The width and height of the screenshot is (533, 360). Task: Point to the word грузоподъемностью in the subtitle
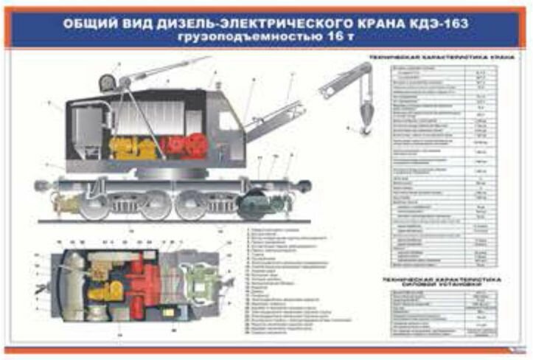(239, 38)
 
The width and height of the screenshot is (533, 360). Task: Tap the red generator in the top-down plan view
(151, 285)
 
